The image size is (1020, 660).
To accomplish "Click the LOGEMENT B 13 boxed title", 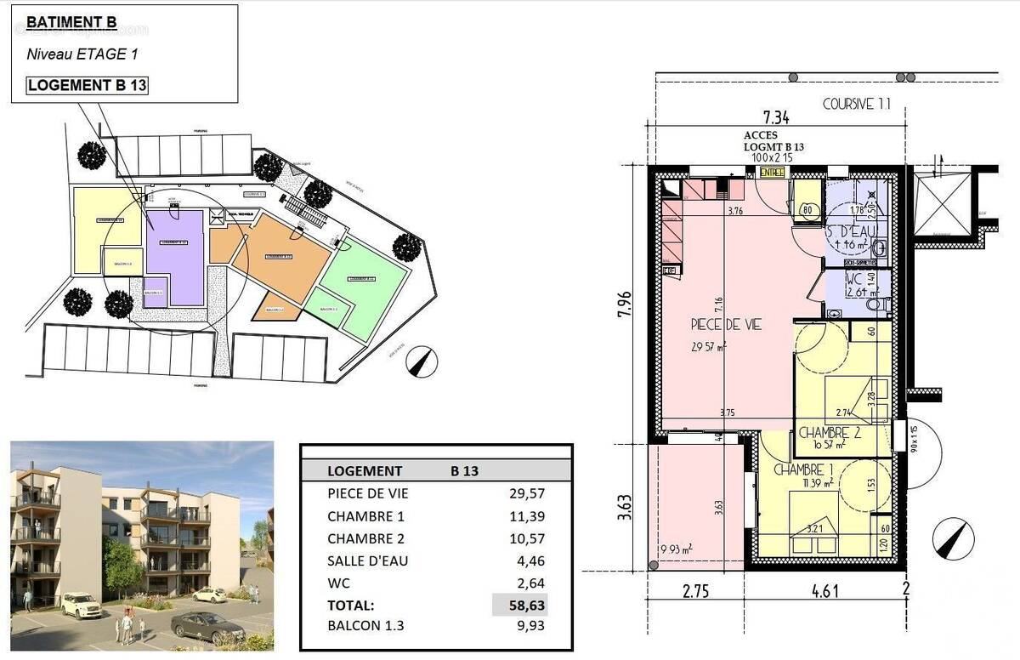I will tap(88, 85).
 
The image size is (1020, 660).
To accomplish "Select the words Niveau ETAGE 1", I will tap(82, 54).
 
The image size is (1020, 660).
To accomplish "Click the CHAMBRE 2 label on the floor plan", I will tap(830, 432).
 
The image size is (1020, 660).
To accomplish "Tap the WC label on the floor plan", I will tap(854, 278).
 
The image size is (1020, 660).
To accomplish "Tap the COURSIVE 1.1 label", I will tap(856, 104).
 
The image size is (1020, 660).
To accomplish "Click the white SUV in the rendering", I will tap(81, 605).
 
